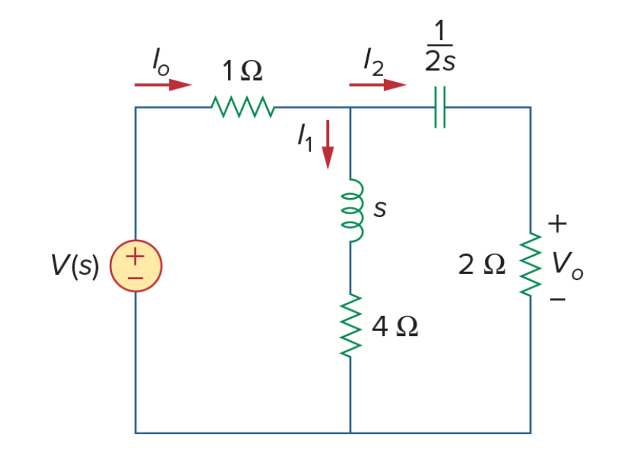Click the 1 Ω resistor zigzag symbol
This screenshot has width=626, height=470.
click(242, 107)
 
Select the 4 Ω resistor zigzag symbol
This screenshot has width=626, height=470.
click(351, 325)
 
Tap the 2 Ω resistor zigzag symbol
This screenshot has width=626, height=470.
click(531, 264)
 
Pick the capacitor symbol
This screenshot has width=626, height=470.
click(440, 107)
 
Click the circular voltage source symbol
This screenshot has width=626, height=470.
click(136, 266)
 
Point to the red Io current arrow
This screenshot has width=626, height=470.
click(163, 85)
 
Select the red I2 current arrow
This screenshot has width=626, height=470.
click(377, 85)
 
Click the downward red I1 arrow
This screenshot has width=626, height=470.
click(328, 145)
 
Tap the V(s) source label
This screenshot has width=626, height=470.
click(75, 266)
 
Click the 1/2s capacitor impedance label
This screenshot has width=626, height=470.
click(440, 46)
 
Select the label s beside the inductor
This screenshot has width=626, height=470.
click(380, 208)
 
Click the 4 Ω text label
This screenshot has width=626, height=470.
click(395, 326)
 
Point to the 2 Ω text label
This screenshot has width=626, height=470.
click(482, 264)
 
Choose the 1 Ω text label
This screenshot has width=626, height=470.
click(242, 71)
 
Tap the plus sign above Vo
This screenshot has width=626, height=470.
click(557, 224)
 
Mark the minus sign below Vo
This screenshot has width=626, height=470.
click(557, 299)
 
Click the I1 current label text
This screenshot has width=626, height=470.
click(305, 137)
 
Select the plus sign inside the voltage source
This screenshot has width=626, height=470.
click(135, 256)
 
